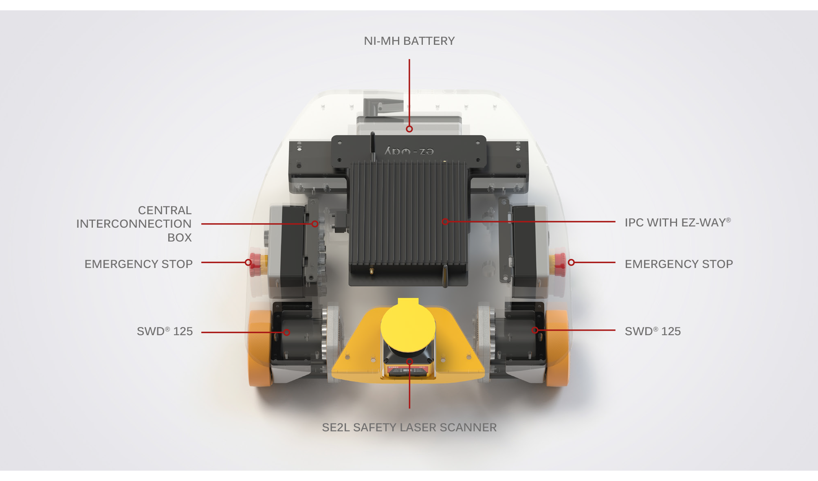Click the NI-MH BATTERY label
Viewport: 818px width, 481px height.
[409, 41]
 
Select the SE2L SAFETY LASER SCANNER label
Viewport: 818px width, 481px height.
[409, 427]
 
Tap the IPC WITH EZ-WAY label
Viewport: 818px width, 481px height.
[678, 222]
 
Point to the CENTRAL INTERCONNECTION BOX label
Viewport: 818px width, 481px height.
[134, 224]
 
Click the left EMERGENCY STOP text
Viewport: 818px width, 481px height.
[139, 264]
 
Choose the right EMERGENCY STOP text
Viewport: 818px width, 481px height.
[679, 264]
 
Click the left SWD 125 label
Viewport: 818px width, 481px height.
[165, 331]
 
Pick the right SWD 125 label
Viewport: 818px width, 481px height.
[653, 331]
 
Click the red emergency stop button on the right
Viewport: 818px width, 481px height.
[560, 263]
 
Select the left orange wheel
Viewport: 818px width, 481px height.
[259, 348]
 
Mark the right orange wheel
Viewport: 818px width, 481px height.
[557, 348]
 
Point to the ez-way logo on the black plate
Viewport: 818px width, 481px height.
[409, 151]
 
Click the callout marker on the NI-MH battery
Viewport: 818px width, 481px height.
[409, 129]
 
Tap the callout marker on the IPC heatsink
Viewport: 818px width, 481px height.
[445, 222]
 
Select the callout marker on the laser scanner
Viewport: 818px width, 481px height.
[409, 361]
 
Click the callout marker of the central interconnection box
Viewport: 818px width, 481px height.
[315, 224]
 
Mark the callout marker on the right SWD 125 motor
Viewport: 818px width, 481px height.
[535, 330]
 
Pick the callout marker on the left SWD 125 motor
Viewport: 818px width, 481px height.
[287, 332]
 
